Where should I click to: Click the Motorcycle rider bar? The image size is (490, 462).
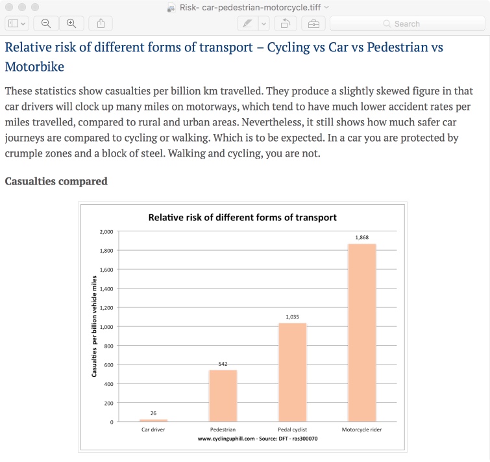point(362,333)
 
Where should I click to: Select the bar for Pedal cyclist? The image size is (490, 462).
point(292,372)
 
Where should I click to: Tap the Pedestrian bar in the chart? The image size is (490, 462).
point(223,396)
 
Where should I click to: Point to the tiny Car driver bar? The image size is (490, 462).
point(153,420)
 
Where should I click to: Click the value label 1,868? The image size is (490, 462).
point(362,237)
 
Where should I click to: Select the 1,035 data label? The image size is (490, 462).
point(292,316)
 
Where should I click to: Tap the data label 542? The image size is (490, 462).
point(223,364)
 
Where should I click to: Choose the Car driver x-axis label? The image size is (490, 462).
point(153,430)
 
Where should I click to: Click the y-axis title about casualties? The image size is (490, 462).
point(94,327)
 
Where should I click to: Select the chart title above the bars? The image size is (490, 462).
point(242,217)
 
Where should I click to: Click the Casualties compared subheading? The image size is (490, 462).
point(56,181)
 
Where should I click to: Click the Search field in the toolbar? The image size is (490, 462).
point(407,23)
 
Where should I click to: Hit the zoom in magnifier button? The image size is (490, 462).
point(71,23)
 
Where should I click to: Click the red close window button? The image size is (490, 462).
point(10,7)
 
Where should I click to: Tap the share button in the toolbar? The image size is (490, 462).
point(101,23)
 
